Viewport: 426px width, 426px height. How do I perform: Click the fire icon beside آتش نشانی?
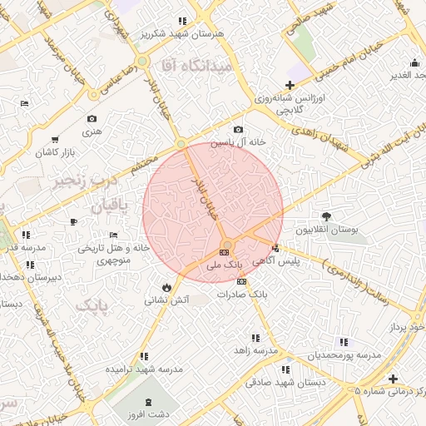tap(167, 286)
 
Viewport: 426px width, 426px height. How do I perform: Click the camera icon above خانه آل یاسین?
tap(239, 129)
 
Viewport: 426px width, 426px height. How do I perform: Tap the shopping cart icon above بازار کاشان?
tap(55, 139)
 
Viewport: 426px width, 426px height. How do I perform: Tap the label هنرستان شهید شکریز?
tap(181, 34)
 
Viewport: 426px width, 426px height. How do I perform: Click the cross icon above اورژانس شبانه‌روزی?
tap(290, 85)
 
